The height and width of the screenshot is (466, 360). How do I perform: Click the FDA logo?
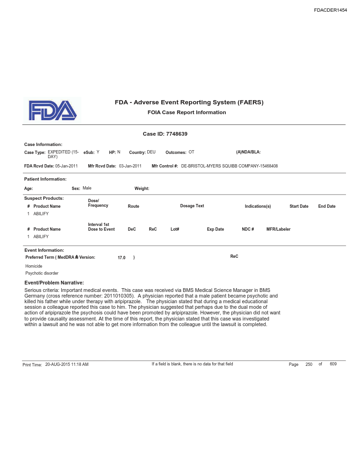tap(52, 110)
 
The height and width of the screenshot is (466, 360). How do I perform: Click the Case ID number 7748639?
tap(177, 134)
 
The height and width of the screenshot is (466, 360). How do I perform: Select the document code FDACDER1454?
tap(330, 10)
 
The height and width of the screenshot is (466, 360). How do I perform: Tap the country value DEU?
tap(151, 153)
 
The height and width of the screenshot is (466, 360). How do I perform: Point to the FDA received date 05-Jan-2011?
tap(66, 166)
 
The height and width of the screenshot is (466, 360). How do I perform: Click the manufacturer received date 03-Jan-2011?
tap(130, 166)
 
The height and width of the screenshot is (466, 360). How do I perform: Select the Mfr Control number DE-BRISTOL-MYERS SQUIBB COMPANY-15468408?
tap(229, 166)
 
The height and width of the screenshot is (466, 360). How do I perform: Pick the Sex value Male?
tap(87, 188)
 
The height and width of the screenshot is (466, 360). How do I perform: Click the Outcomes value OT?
tap(191, 153)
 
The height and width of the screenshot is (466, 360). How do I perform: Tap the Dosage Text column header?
tap(192, 206)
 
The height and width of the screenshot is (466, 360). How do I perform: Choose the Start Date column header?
tap(299, 206)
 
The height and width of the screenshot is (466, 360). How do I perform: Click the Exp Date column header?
tap(215, 229)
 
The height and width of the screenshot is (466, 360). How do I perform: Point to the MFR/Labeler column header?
tap(278, 229)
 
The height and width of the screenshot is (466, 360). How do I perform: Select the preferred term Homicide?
tap(34, 266)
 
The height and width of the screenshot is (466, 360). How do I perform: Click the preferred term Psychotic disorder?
tap(42, 273)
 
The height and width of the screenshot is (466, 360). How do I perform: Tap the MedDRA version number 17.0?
tap(122, 258)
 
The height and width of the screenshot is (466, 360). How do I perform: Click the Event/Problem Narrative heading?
tap(54, 283)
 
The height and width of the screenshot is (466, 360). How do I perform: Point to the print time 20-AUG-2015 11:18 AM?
tap(67, 364)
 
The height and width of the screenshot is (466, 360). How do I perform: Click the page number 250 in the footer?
tap(309, 364)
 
